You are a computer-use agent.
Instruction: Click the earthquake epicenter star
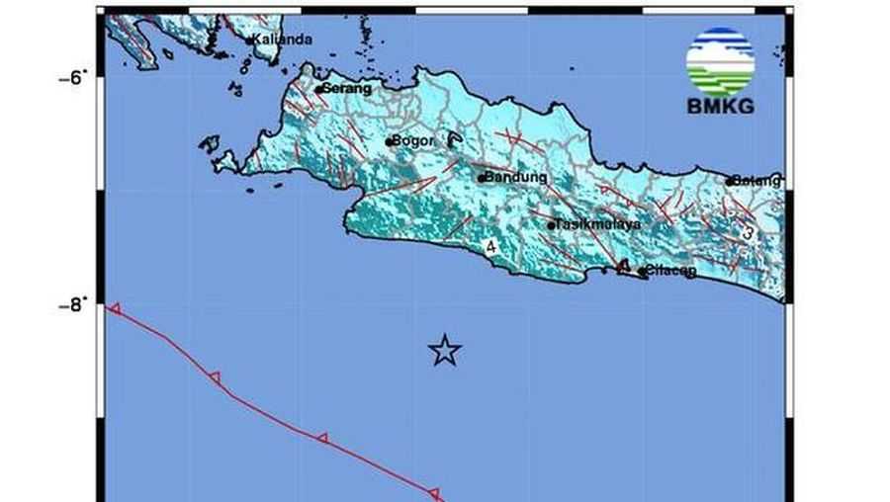point(445,350)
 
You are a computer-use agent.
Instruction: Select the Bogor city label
point(413,141)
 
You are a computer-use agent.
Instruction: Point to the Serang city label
point(347,89)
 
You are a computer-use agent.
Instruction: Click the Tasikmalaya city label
point(598,224)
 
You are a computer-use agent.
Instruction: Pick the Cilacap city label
point(671,271)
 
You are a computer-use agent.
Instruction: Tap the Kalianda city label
point(283,40)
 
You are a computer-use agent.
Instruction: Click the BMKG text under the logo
point(720,107)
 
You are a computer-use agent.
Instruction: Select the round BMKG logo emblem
point(720,60)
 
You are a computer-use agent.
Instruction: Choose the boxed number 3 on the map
point(749,233)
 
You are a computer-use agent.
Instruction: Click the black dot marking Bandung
point(482,179)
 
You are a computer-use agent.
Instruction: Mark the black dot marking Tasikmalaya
point(551,225)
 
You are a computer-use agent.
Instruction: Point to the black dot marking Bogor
point(390,142)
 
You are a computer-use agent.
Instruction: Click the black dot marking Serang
point(318,90)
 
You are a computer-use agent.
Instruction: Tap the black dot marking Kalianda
point(249,41)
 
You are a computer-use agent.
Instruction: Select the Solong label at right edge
point(757,181)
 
